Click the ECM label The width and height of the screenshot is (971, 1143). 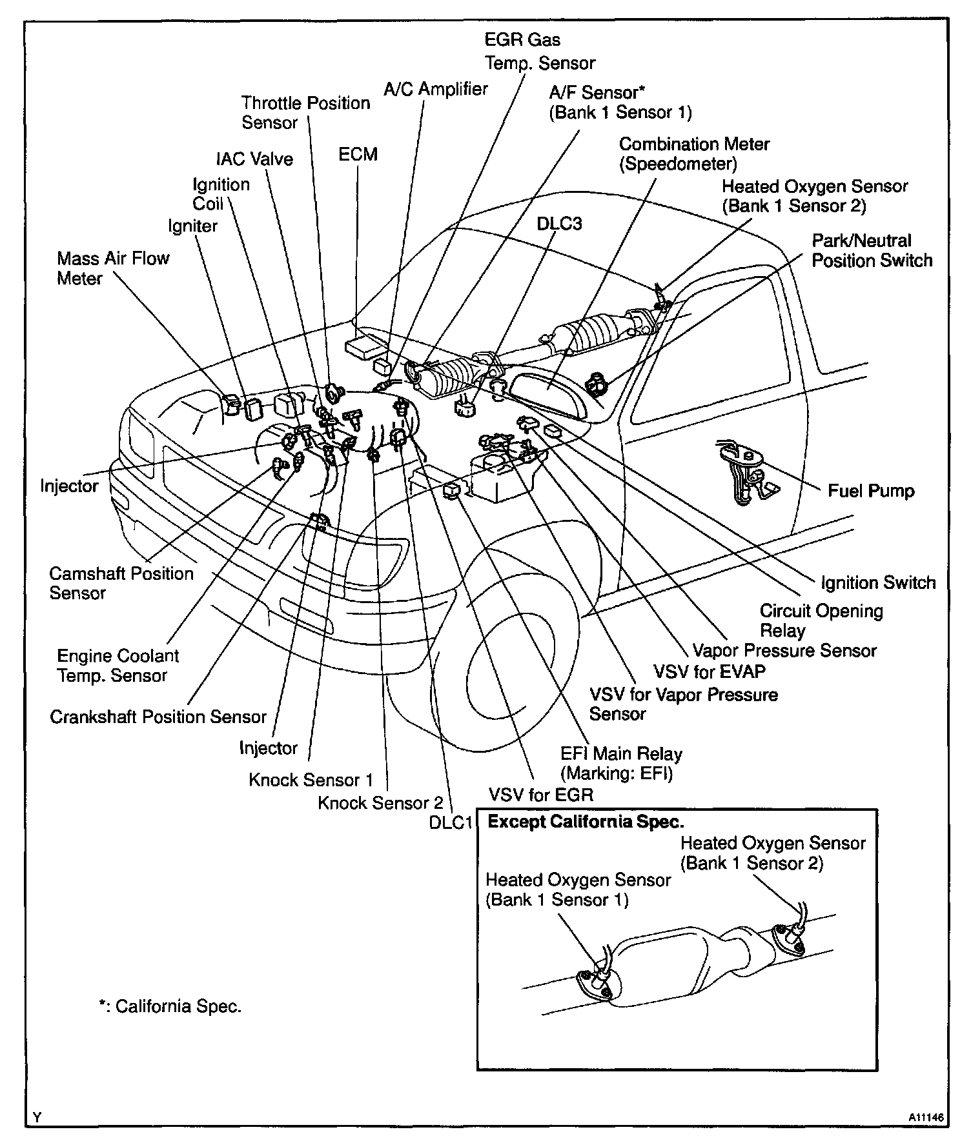coord(358,155)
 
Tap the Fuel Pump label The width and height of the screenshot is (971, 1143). coord(871,491)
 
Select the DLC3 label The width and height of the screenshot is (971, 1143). coord(559,223)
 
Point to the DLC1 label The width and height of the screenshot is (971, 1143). coord(451,823)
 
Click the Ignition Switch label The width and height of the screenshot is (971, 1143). coord(878,582)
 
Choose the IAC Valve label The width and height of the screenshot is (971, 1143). coord(254,159)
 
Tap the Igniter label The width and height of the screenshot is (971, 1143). coord(192,226)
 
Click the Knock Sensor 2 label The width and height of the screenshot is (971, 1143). coord(380,803)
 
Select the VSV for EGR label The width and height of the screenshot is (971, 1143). coord(540,794)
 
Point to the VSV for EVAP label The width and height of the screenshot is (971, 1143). coord(710,671)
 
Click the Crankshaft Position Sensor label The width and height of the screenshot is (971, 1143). coord(158,717)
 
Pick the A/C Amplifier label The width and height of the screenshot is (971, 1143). coord(436,89)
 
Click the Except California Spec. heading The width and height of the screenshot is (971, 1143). coord(585,822)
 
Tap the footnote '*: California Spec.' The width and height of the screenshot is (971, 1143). coord(170,1007)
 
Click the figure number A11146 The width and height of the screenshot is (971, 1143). coord(925,1117)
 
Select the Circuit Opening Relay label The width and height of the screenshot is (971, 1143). coord(821,621)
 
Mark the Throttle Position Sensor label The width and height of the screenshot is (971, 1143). coord(305,112)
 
